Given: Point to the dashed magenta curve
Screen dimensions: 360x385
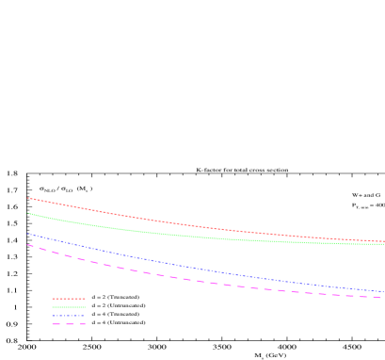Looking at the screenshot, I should point(188,279).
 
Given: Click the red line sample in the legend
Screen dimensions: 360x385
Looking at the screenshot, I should point(69,299).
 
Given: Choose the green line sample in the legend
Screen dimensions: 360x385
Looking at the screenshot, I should point(69,307).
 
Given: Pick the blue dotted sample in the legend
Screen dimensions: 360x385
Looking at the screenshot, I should point(69,316).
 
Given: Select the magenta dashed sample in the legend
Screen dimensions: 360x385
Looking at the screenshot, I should point(69,324).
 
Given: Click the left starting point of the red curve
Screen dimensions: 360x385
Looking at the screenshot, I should point(27,198).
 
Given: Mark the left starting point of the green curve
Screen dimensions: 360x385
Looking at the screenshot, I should point(27,213).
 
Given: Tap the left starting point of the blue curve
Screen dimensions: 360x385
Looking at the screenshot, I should point(27,234).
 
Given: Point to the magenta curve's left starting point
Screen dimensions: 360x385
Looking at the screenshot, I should point(27,244).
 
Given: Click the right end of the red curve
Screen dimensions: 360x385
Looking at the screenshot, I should point(383,241).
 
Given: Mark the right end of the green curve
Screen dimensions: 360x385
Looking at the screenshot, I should point(383,244).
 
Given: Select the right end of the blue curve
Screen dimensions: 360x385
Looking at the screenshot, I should point(383,291).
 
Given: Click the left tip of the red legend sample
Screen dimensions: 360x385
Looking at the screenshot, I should point(53,299).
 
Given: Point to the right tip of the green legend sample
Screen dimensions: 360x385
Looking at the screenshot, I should point(85,307).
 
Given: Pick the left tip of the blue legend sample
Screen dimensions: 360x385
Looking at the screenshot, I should point(53,316).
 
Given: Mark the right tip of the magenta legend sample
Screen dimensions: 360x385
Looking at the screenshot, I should point(85,324).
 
